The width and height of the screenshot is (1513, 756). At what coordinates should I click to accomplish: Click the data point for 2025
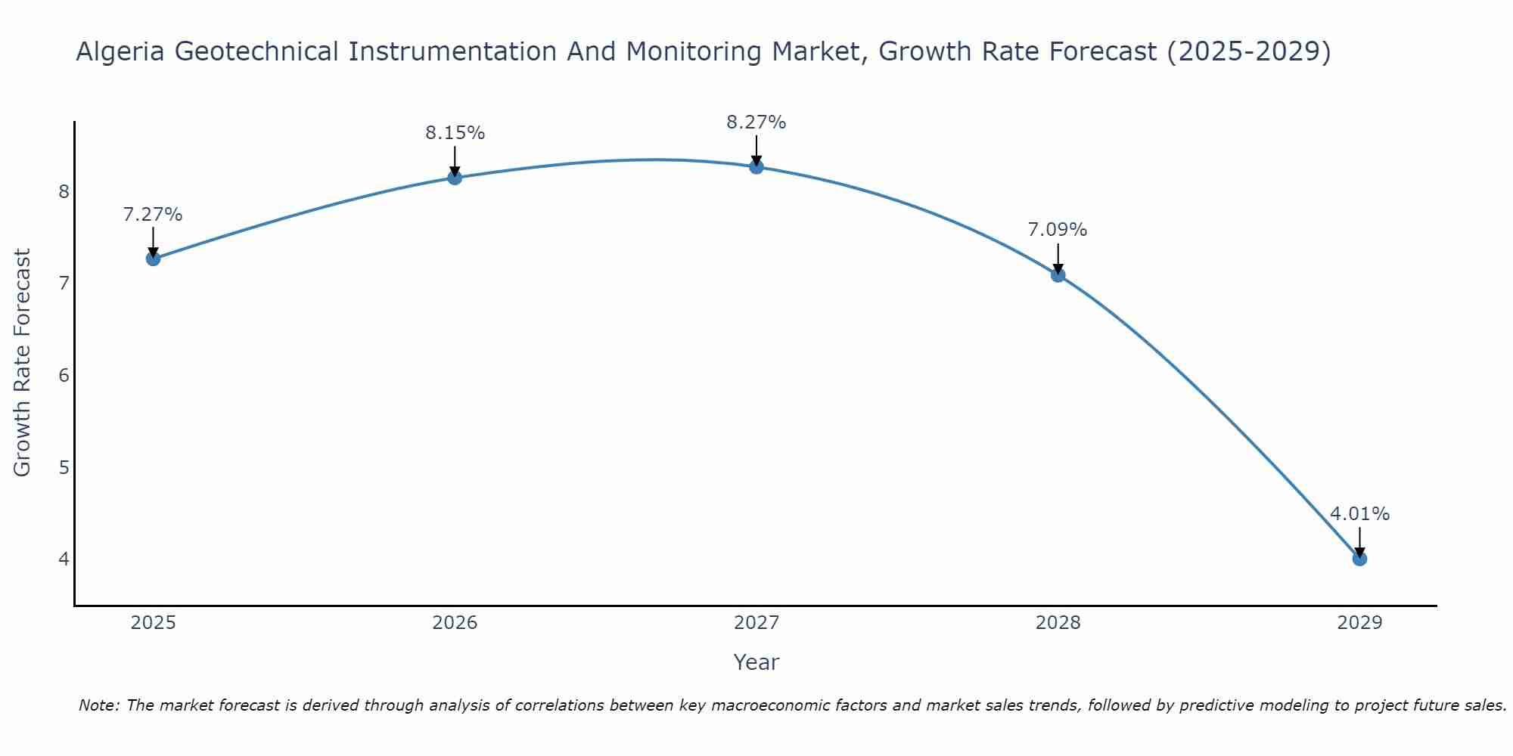click(153, 259)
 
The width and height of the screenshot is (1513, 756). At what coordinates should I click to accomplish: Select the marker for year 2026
click(455, 178)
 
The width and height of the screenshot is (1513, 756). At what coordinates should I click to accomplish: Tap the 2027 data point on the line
click(756, 167)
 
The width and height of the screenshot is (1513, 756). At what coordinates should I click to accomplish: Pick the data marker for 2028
click(1058, 275)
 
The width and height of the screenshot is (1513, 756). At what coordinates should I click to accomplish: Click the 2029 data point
click(1359, 559)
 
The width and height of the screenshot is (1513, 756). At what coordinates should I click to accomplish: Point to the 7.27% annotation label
click(153, 215)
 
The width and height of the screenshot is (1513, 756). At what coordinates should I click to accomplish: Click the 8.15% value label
click(455, 133)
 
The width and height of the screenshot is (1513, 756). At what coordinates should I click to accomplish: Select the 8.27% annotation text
click(756, 122)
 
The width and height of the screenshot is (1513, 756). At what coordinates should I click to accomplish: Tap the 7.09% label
click(1058, 230)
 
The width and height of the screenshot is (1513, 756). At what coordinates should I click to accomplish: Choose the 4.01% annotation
click(1359, 514)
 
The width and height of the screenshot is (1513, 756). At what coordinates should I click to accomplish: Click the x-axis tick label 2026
click(455, 623)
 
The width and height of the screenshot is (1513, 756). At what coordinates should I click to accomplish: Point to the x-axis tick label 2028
click(1058, 623)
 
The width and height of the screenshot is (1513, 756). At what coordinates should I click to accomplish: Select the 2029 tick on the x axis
click(1359, 623)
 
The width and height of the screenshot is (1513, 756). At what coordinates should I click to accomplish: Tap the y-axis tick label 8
click(64, 191)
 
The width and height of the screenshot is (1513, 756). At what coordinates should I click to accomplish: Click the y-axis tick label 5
click(64, 467)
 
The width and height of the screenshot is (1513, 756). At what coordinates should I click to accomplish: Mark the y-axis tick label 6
click(64, 375)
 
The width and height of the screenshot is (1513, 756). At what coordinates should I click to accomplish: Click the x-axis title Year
click(756, 662)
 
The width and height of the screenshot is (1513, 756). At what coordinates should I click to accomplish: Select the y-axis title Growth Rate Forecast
click(23, 363)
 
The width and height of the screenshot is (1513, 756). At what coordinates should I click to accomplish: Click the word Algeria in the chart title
click(121, 51)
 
